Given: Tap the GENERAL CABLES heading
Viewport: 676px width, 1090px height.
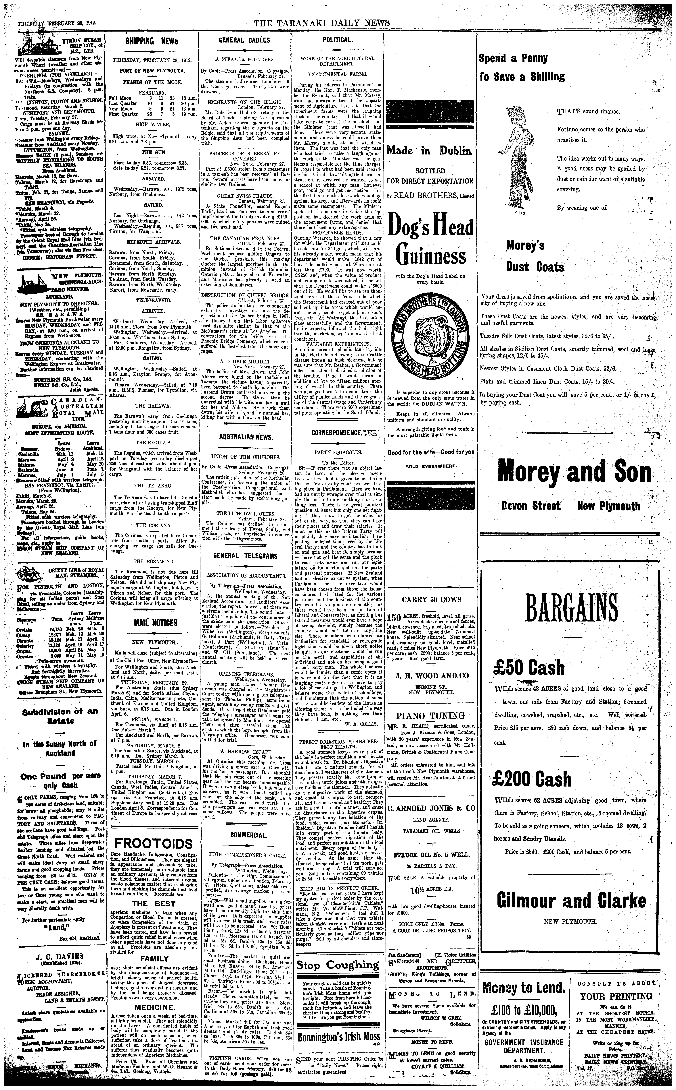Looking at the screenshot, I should pos(244,40).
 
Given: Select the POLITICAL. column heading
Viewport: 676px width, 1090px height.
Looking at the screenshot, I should pos(338,40).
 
